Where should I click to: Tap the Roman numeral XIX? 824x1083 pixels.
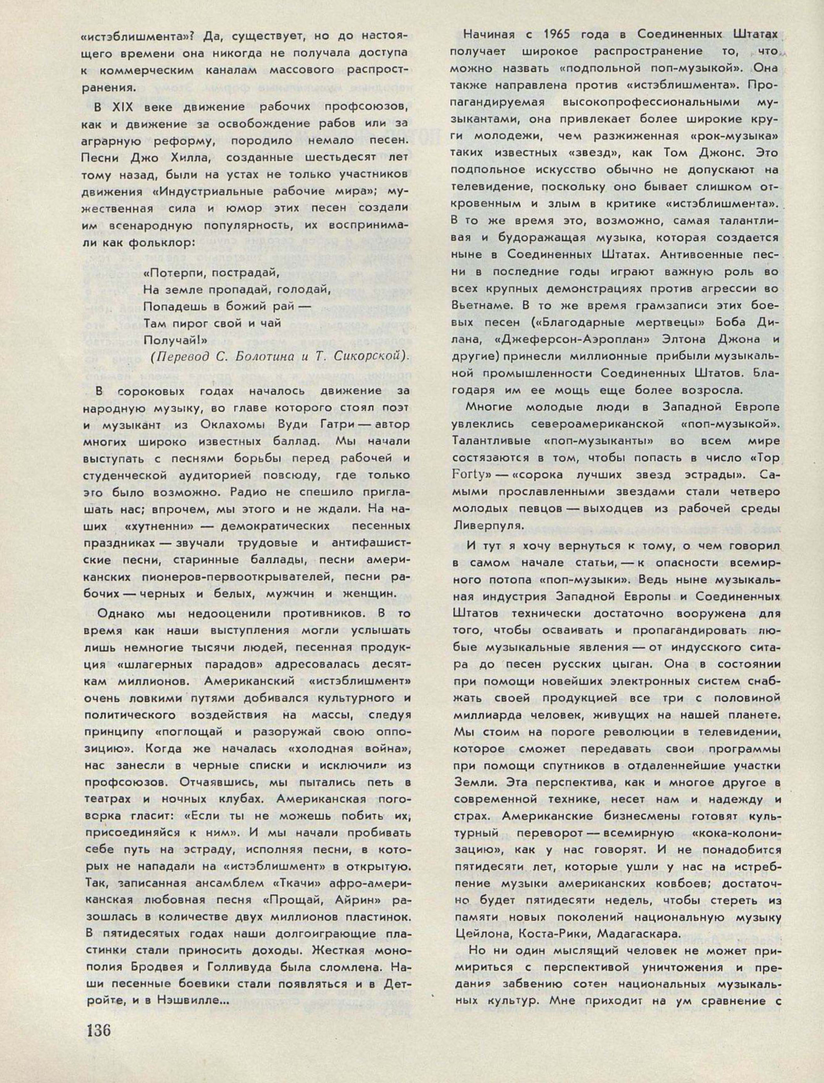coord(127,107)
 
